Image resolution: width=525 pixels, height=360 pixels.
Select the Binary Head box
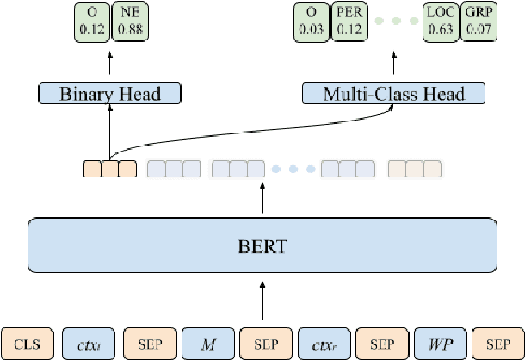[x=110, y=93]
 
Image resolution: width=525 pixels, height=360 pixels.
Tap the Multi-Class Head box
[x=393, y=93]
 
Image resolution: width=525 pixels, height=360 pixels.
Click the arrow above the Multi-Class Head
[x=393, y=64]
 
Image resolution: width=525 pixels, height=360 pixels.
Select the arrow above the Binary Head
[x=110, y=64]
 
